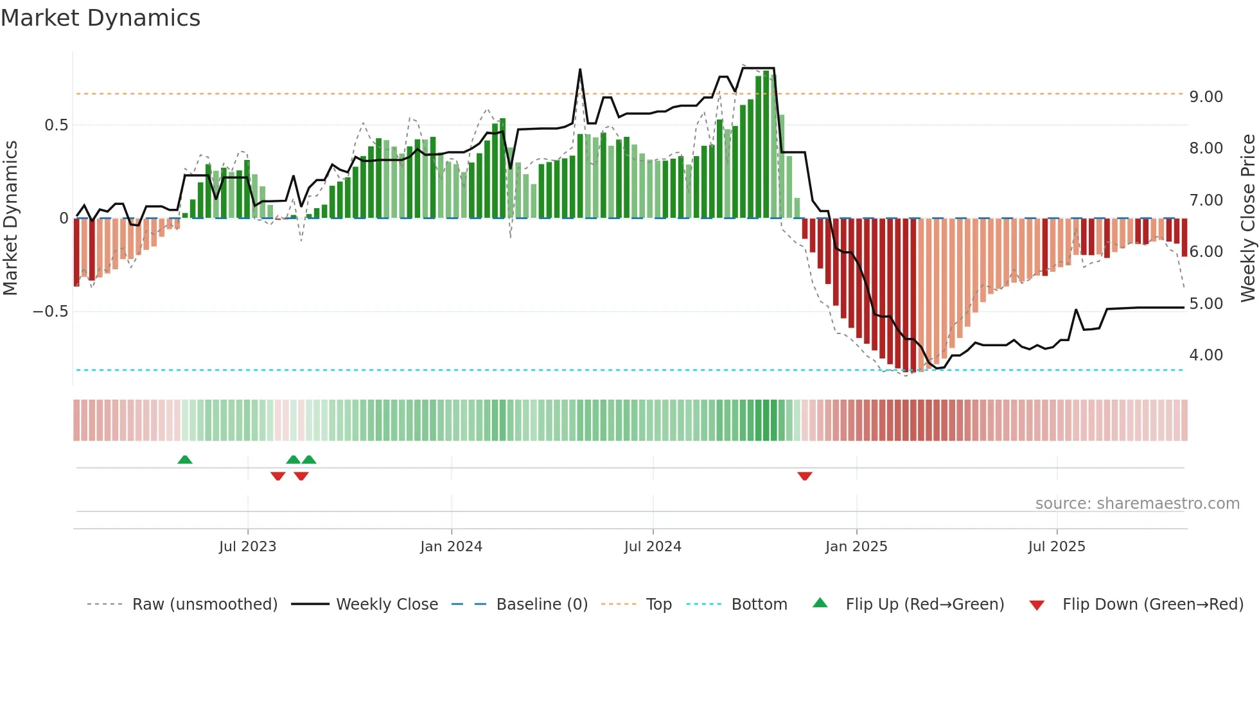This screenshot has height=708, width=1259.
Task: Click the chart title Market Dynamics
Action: click(100, 18)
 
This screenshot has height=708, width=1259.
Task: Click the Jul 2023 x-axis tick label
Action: click(247, 546)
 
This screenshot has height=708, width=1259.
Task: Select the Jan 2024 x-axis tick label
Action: click(451, 546)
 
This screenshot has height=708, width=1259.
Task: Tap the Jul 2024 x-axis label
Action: click(653, 546)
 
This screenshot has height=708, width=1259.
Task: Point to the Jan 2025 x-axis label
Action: click(856, 546)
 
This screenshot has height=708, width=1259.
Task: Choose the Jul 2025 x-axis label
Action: click(1057, 546)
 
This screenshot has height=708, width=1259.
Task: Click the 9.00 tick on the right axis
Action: click(1206, 96)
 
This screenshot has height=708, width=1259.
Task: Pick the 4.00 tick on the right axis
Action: click(1206, 355)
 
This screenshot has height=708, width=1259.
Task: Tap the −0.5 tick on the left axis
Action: click(50, 312)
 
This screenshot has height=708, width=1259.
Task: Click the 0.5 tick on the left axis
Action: click(56, 125)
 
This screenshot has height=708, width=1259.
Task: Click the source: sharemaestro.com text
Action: click(1137, 503)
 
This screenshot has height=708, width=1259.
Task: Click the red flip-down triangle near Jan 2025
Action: click(805, 476)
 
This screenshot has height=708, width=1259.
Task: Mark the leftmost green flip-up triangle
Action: click(185, 459)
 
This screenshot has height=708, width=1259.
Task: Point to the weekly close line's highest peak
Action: click(580, 69)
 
